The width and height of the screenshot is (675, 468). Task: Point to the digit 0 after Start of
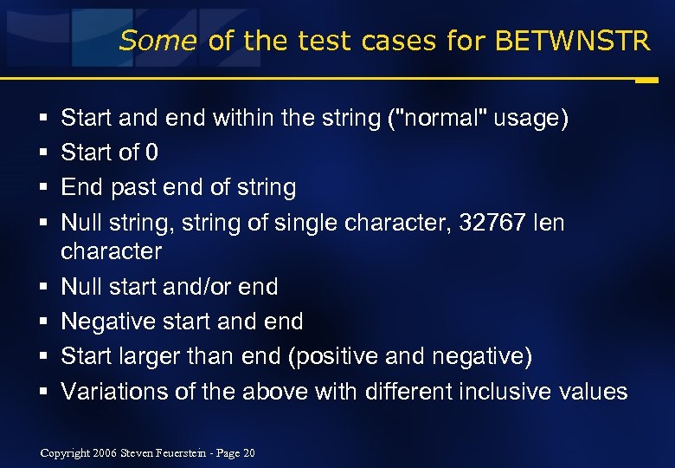[151, 153]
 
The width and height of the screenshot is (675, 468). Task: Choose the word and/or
[228, 287]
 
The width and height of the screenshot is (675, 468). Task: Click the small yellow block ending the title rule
[646, 81]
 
